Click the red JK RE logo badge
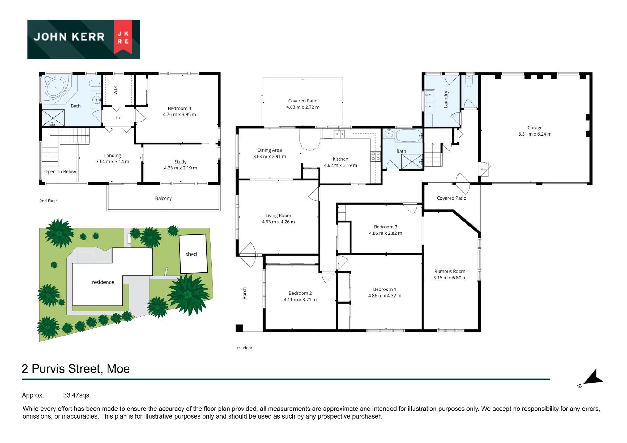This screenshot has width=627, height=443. coord(123,37)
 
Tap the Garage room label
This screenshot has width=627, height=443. coord(535,128)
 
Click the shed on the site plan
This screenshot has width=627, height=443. coord(193,254)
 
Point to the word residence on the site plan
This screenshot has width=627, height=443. coord(103,282)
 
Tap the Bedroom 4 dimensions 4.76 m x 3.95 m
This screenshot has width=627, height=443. coord(179,115)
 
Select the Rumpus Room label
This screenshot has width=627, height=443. coord(450,271)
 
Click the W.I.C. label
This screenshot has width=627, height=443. coord(116,89)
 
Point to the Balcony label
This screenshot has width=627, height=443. coord(163,198)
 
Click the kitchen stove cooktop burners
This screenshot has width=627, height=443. coord(375,156)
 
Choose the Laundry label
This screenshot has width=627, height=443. coord(446,100)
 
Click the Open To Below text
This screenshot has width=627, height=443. coord(60,172)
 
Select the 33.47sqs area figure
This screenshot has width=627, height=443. coord(76,395)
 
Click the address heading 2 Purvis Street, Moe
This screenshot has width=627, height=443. coord(76,369)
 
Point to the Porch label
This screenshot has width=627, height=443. coord(245,293)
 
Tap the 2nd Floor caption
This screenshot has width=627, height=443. coord(48,201)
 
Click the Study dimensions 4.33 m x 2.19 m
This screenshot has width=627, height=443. coord(181,168)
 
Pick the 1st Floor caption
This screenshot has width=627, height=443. coord(245,348)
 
